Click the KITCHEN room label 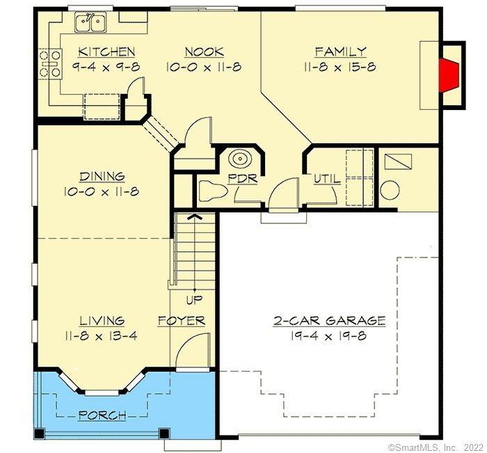[x=106, y=52]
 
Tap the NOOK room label [x=205, y=52]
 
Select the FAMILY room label [x=341, y=51]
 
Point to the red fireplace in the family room [x=449, y=75]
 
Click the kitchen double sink [x=90, y=22]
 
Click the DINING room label [x=102, y=177]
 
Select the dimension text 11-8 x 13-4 [x=102, y=336]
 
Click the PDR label [x=243, y=179]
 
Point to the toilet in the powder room [x=212, y=191]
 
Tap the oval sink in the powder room [x=240, y=159]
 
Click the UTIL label [x=327, y=179]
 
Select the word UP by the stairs [x=194, y=300]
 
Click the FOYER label [x=182, y=321]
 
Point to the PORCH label [x=102, y=415]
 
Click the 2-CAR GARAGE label [x=329, y=321]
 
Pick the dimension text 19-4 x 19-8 [x=328, y=336]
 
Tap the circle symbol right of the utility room [x=390, y=191]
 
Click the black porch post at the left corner [x=39, y=434]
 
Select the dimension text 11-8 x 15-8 [x=340, y=67]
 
